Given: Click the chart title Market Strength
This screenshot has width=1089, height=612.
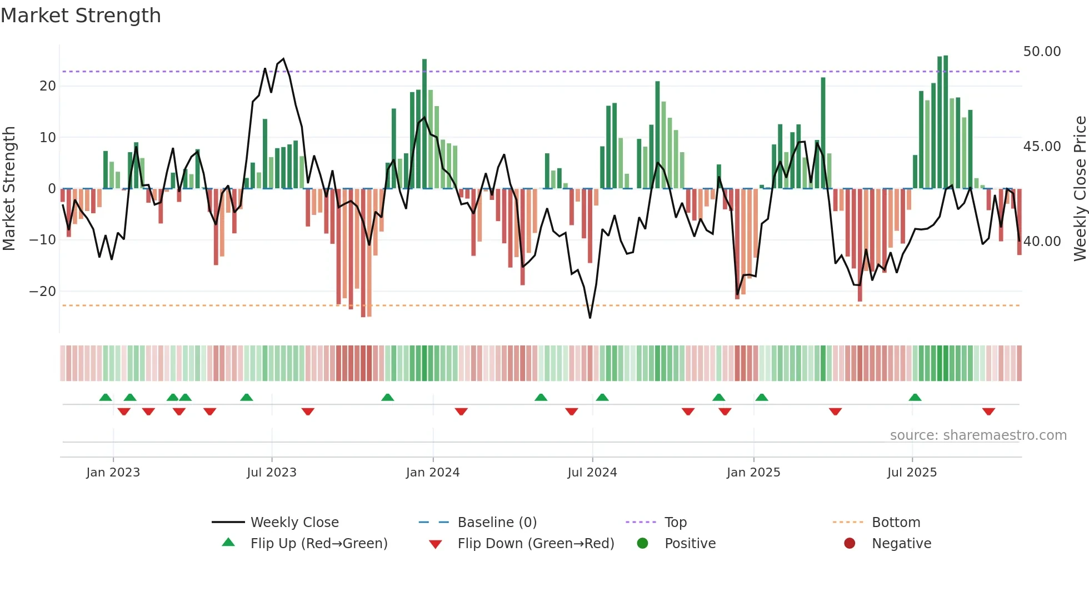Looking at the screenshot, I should click(81, 16).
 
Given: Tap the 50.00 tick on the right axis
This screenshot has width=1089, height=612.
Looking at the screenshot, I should click(1042, 52).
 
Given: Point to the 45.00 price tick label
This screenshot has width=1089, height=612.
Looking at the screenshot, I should click(1042, 147).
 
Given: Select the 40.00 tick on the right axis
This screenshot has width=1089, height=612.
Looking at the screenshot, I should click(1042, 242).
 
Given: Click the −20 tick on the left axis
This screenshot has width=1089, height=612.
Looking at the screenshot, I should click(42, 292).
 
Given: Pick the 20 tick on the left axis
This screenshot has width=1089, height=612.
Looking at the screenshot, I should click(48, 86).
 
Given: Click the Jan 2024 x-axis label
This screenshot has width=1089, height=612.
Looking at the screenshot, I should click(433, 473).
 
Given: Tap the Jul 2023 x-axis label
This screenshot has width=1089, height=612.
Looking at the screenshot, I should click(272, 473).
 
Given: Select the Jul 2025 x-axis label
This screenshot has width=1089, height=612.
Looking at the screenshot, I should click(912, 473).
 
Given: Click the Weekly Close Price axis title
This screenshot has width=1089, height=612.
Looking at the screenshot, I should click(1080, 189).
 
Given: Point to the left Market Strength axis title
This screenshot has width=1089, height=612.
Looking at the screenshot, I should click(9, 189).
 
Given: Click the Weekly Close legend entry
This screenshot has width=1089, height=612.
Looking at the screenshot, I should click(294, 523).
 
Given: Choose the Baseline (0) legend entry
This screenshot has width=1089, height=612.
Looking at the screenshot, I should click(497, 523).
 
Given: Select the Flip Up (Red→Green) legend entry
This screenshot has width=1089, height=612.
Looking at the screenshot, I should click(318, 544).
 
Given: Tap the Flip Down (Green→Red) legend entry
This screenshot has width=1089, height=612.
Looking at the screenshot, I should click(536, 544).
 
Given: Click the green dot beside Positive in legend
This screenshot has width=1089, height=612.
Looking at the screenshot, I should click(642, 543).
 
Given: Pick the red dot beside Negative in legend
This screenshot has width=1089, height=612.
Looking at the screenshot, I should click(850, 543).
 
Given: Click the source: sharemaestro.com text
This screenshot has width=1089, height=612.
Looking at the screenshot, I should click(978, 435).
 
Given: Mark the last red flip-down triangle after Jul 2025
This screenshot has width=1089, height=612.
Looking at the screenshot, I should click(988, 412).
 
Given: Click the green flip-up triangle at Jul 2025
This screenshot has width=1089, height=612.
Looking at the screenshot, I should click(915, 397).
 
